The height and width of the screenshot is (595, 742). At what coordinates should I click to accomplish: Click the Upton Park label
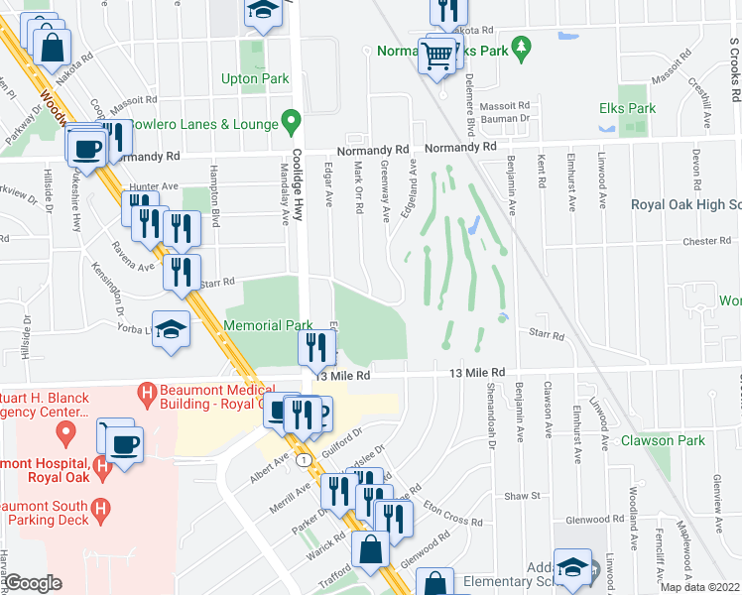pos(255,78)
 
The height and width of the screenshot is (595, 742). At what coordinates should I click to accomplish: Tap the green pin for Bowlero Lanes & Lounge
pos(291,123)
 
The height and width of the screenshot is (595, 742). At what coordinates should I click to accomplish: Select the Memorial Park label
pos(268,325)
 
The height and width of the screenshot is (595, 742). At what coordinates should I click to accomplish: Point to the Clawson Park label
pos(656,440)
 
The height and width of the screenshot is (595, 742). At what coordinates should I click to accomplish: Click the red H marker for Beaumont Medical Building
pos(148,393)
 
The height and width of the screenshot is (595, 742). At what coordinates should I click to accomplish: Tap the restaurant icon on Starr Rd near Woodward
pos(181,271)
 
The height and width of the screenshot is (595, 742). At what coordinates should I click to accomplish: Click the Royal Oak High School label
pos(686,204)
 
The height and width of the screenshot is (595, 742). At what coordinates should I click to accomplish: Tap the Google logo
pos(33,583)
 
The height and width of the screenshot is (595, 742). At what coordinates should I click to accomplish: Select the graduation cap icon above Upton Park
pos(263,10)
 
